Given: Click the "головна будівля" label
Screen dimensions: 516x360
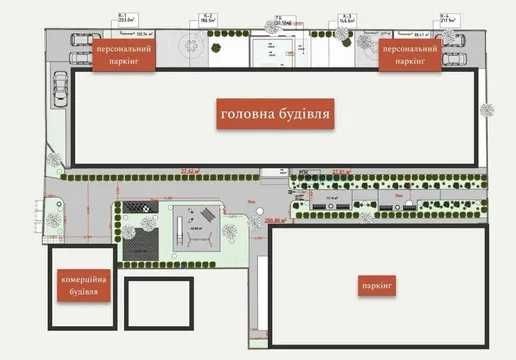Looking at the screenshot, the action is point(275,114).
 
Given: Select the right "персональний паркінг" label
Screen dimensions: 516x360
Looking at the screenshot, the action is point(409,54).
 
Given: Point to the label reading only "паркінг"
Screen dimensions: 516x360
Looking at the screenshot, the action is point(377,286).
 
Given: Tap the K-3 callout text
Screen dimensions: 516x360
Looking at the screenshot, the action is point(347,17).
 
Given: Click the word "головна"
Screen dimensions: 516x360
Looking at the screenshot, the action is point(245,114).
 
